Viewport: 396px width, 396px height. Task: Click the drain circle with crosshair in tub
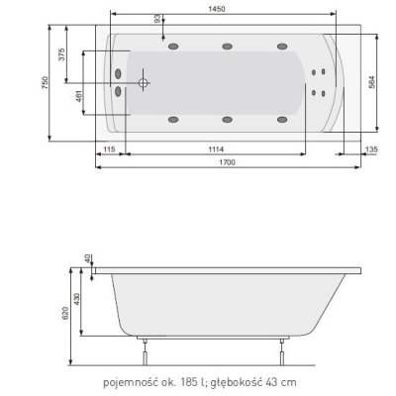[x=144, y=85]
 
